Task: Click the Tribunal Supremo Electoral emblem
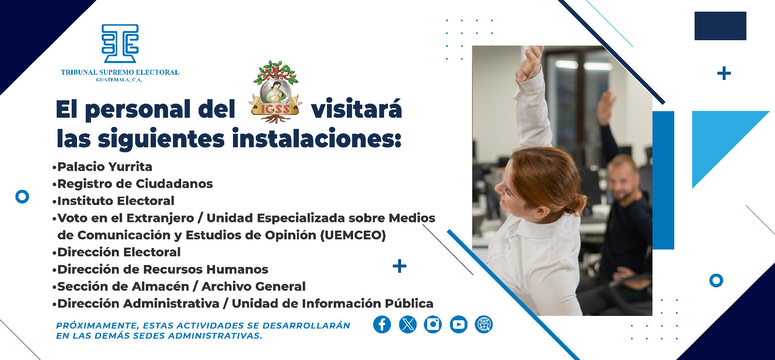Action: [120, 44]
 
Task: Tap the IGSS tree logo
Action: [276, 92]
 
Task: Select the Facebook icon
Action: [382, 325]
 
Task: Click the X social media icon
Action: [408, 325]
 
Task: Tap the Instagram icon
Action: [433, 325]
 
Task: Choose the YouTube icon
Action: [459, 325]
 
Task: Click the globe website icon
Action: [484, 325]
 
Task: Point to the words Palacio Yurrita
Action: [105, 167]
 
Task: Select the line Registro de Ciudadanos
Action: [135, 184]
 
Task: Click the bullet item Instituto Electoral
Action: [116, 201]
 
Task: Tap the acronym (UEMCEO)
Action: [353, 235]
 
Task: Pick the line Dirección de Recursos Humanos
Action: [163, 269]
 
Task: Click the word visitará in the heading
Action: [356, 110]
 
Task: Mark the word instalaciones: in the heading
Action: [317, 139]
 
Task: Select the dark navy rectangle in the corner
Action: [720, 26]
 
